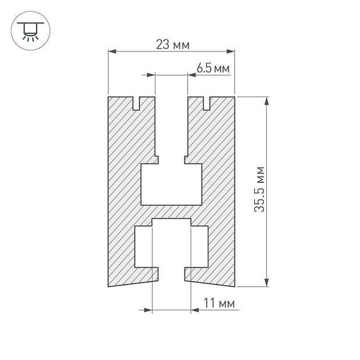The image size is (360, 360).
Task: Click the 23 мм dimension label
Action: coord(173,45)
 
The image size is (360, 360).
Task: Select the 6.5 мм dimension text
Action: coord(213,68)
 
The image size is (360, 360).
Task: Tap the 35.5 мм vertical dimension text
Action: coord(259,189)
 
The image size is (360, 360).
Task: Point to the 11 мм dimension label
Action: coord(219,303)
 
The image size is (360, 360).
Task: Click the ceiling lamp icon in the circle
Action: coord(30,31)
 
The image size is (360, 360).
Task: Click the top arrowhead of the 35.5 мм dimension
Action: coord(266,101)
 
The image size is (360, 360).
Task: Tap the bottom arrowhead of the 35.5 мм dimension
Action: coord(266,283)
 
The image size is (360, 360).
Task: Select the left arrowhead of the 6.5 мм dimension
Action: coord(151,75)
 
